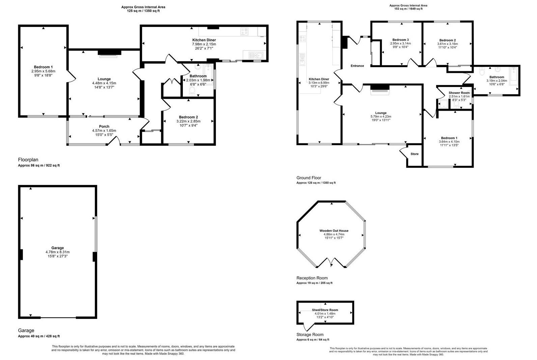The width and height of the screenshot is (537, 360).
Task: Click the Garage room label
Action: [57, 248]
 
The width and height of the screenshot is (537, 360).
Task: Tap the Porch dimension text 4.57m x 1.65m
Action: [104, 131]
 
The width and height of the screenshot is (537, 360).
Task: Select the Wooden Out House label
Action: [334, 231]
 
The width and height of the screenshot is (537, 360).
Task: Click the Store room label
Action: [415, 154]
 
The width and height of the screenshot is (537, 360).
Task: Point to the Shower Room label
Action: [459, 93]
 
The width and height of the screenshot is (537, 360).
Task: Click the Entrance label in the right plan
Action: [357, 66]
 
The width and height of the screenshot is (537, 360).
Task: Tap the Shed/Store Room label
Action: [325, 310]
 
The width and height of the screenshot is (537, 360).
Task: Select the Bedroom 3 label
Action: [401, 39]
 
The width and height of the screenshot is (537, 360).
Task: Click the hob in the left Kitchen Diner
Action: [245, 31]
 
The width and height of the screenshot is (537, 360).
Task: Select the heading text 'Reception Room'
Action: [312, 278]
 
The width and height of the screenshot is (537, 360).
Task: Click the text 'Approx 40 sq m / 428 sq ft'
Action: [39, 336]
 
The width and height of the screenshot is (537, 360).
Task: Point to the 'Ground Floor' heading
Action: [309, 178]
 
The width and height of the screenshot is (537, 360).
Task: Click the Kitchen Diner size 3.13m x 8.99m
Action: [319, 83]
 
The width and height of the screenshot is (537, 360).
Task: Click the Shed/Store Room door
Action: [308, 327]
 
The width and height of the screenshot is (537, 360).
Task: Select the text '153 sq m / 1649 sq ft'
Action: [408, 9]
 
